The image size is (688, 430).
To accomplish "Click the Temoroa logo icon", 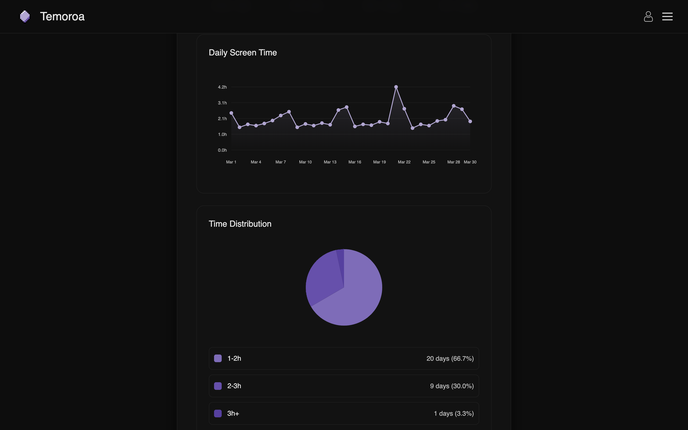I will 25,16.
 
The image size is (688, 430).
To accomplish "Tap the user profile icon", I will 648,16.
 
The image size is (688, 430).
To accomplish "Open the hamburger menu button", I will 667,16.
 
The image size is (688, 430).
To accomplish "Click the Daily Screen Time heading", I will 242,53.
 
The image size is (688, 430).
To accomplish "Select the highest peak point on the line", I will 396,87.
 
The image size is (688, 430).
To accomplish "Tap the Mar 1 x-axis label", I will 231,162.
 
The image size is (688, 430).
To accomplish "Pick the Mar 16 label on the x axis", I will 355,162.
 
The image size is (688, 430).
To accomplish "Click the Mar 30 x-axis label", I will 470,162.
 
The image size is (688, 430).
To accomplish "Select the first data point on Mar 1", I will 231,113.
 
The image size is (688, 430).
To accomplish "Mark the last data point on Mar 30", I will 470,121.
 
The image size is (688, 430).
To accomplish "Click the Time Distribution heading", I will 240,224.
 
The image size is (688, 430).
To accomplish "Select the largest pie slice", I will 358,299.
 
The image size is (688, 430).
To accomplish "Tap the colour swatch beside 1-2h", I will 218,358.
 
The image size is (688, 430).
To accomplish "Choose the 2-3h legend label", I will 234,386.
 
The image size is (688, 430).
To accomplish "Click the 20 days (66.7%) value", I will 450,359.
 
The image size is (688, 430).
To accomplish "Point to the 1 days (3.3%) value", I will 453,414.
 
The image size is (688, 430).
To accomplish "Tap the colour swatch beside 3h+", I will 218,414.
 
